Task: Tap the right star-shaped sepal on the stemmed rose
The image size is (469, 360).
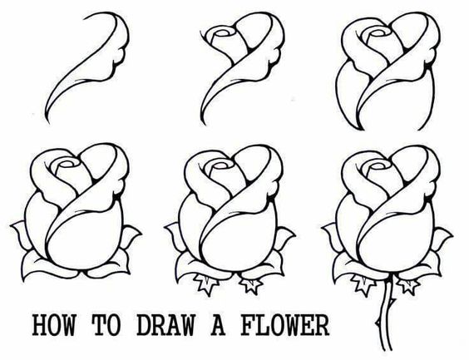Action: pos(407,285)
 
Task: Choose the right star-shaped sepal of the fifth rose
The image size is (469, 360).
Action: pos(249,286)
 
